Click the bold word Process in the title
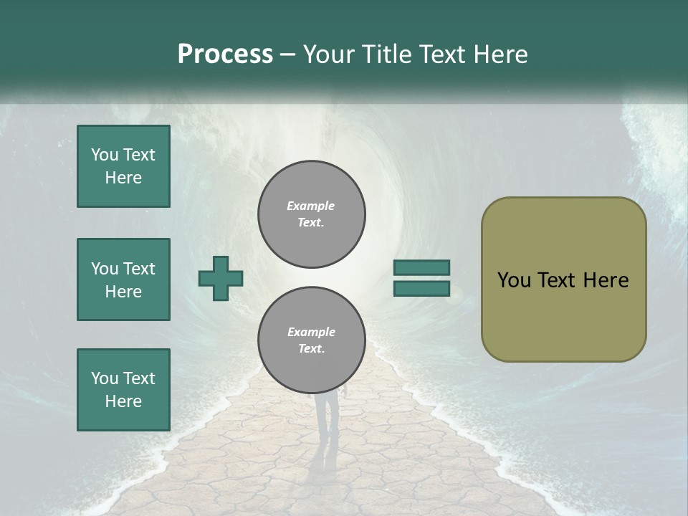pos(225,54)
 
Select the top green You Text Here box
pos(123,166)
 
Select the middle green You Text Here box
pos(123,279)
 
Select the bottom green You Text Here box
pos(123,390)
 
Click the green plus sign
pos(221,279)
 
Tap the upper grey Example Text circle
pos(312,214)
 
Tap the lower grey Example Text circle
pos(312,340)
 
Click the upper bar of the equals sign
pos(421,268)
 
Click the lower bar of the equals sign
pos(421,289)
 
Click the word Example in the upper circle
pos(311,206)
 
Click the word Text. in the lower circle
pos(311,349)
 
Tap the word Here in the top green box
pos(123,178)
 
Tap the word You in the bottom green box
pos(105,378)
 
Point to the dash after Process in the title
pos(287,55)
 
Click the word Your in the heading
pos(326,54)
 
